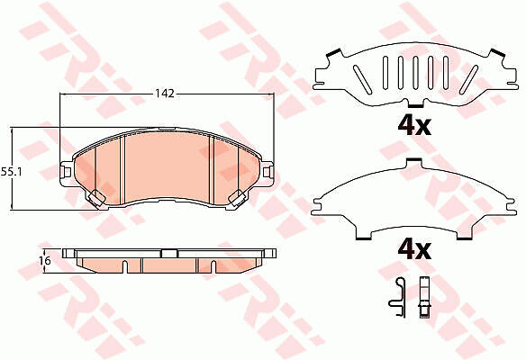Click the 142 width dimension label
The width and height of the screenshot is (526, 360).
click(165, 94)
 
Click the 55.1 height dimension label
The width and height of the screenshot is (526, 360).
click(11, 172)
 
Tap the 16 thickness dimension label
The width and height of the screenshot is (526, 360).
click(47, 260)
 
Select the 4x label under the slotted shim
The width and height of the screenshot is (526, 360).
click(414, 126)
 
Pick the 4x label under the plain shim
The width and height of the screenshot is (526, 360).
click(414, 250)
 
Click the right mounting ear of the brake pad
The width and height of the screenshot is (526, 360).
click(267, 172)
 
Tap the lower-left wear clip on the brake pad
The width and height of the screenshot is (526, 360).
click(96, 197)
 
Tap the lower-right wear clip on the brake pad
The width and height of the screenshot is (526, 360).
click(237, 197)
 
